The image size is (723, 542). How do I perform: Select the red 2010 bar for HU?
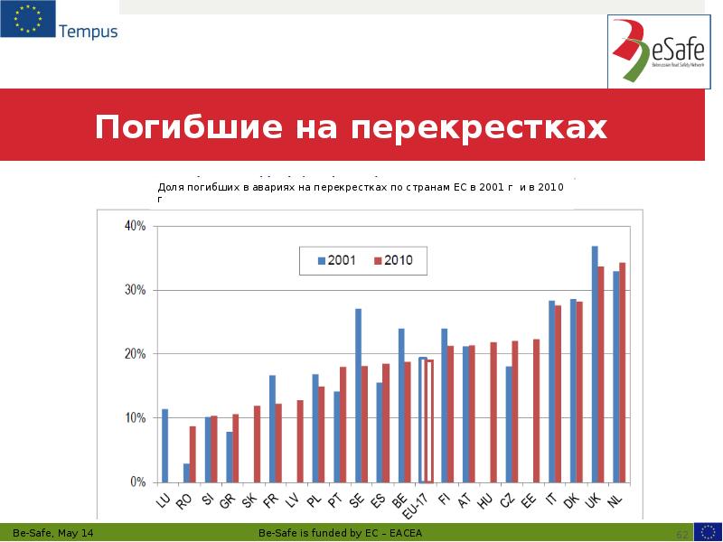pos(493,412)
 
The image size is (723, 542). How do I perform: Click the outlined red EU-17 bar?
pos(429,421)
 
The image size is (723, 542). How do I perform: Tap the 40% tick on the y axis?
pos(136,226)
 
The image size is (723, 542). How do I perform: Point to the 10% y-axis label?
pos(136,418)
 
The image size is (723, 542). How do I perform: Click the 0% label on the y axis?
pos(138,482)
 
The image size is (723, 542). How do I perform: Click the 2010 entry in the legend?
pos(392,260)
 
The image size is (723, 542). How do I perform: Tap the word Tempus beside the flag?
pos(88,32)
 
